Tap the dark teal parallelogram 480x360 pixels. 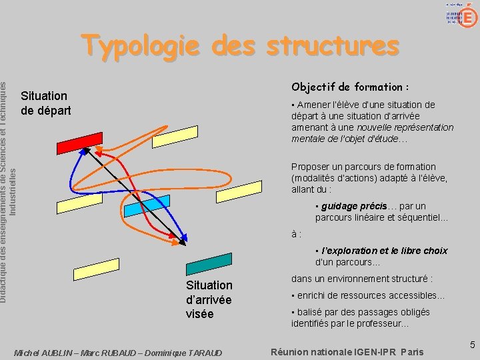click(x=209, y=265)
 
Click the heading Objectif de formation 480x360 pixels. click(x=350, y=87)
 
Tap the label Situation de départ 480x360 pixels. click(x=45, y=103)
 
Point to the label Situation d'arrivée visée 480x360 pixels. click(x=209, y=299)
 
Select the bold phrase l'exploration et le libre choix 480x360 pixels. click(x=385, y=251)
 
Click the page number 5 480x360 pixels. click(x=472, y=345)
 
